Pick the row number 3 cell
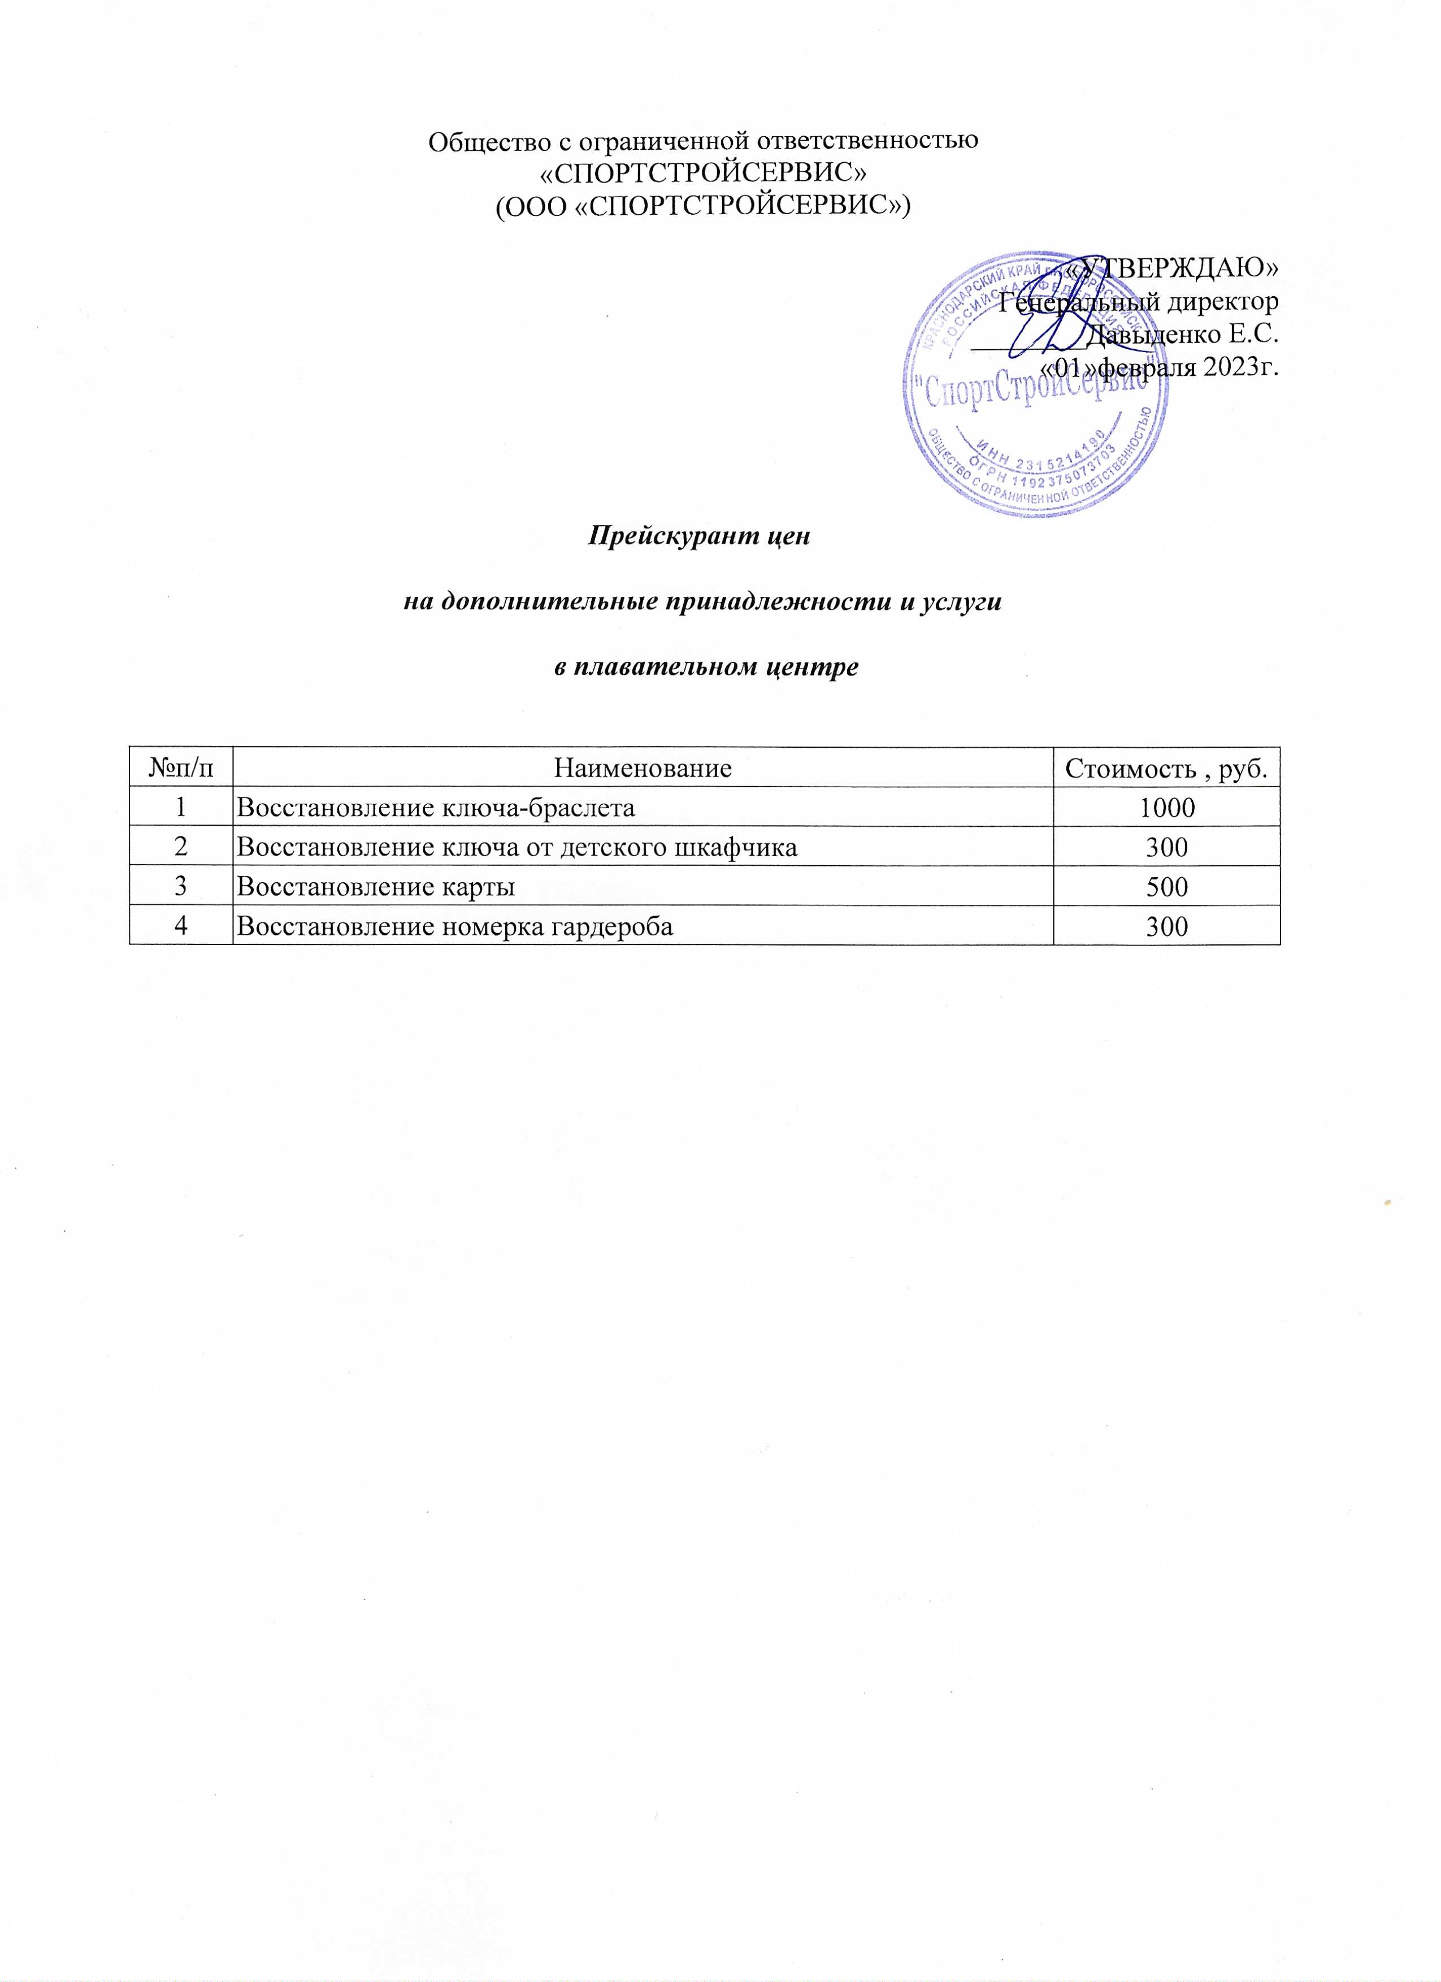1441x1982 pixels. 181,887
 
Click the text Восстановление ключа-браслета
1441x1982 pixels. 436,808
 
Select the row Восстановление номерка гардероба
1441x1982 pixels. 455,926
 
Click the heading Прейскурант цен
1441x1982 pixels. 700,535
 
